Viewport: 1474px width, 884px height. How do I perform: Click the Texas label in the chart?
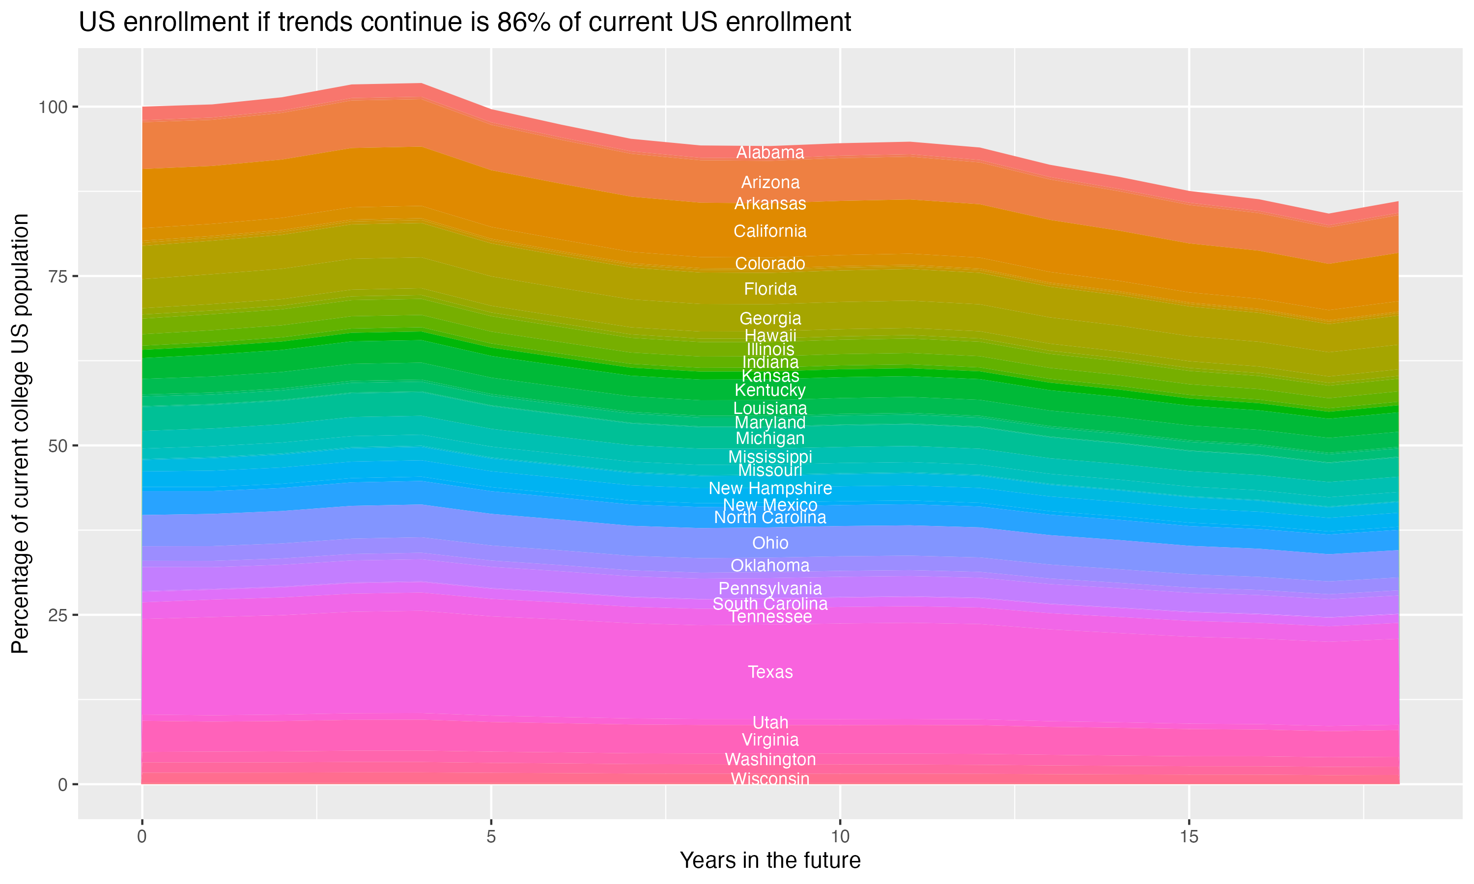(x=770, y=672)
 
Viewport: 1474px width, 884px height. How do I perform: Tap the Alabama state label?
(x=770, y=153)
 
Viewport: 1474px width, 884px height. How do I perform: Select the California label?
(x=770, y=231)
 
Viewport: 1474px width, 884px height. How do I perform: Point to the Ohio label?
(x=770, y=543)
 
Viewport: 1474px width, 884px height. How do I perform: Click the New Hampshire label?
(x=770, y=489)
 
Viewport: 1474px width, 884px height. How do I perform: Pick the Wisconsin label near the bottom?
(x=770, y=778)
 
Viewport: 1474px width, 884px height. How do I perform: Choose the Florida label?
(x=770, y=289)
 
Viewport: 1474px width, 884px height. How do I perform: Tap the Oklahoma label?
(x=770, y=565)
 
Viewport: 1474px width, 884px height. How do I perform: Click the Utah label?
(x=770, y=722)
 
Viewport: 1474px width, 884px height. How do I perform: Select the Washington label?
(x=770, y=759)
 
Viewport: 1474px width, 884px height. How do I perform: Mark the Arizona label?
(x=770, y=182)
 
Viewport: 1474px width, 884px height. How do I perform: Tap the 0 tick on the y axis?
(x=62, y=784)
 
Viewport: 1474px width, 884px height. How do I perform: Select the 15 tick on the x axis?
(x=1189, y=837)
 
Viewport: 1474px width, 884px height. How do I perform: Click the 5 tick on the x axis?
(x=491, y=837)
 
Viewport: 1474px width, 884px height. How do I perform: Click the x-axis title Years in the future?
(x=770, y=860)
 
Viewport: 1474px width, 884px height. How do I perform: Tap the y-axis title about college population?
(x=20, y=434)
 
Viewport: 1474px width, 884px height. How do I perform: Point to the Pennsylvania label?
(x=770, y=588)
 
